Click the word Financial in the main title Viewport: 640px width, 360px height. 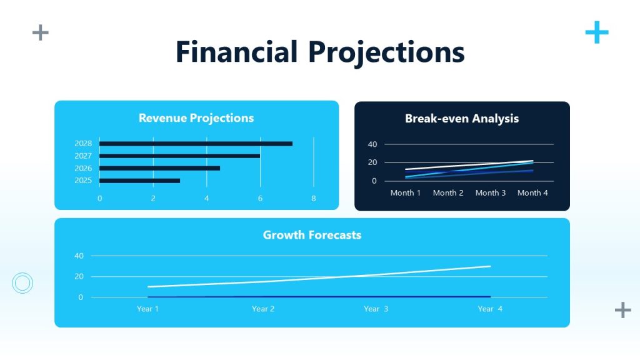pos(236,52)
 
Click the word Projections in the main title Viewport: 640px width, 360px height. pos(387,52)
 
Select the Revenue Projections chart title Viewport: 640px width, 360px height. pos(196,118)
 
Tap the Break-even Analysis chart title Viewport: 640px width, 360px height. pos(462,119)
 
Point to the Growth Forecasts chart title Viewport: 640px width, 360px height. pos(312,235)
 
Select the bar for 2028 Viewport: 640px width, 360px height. pos(196,144)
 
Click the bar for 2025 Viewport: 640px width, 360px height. pos(139,181)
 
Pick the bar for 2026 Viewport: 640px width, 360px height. pos(159,168)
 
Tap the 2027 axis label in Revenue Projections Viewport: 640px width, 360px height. pos(83,156)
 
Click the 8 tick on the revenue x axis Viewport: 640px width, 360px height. pos(314,198)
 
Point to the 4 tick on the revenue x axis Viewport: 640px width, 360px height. pos(207,198)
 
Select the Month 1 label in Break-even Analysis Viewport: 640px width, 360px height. pos(406,192)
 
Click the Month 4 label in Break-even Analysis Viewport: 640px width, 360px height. pos(532,192)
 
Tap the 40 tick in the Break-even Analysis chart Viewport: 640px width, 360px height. pos(372,144)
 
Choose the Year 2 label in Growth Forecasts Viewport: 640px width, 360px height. pos(263,309)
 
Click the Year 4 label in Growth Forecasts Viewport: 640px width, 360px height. pos(490,309)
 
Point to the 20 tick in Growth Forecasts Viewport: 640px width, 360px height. pos(79,276)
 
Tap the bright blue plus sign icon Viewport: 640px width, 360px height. pos(597,32)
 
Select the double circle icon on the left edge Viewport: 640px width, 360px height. pos(22,283)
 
